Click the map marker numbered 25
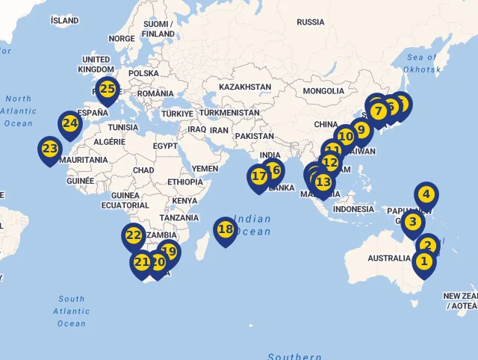108,90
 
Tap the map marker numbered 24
70,124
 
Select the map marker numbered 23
50,149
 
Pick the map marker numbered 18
226,230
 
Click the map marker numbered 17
259,177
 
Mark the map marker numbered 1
423,262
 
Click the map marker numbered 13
323,181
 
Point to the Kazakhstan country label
245,87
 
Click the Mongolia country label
323,91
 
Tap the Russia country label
311,22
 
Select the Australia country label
388,258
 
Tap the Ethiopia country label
184,182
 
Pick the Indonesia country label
353,209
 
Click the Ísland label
64,20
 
